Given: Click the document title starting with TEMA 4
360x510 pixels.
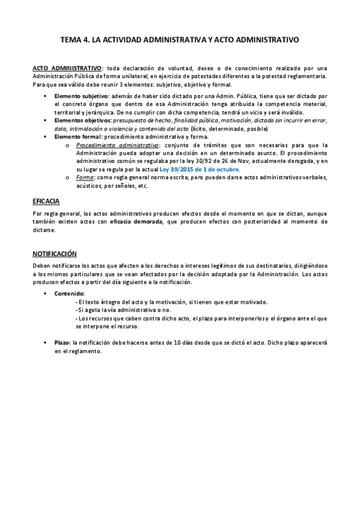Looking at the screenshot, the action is (180, 40).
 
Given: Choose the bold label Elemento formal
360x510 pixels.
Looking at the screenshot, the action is (78, 137).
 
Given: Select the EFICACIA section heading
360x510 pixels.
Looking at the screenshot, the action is (46, 201).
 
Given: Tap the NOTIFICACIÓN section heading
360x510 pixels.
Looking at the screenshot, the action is (54, 254).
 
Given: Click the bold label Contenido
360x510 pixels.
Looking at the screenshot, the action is (70, 293).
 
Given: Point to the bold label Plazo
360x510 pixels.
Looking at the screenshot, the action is (61, 342).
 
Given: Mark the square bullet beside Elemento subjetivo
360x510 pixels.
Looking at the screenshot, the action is (46, 96).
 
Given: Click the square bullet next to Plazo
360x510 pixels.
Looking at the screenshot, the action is (46, 342).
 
